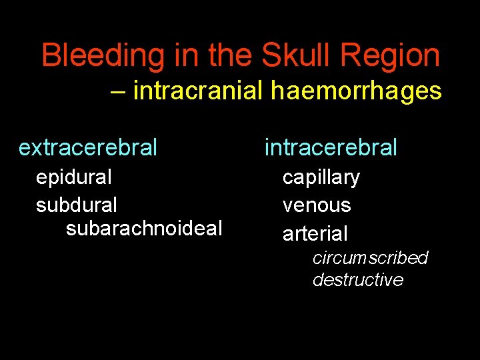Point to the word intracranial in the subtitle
click(199, 90)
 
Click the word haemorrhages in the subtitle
click(356, 91)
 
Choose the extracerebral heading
click(88, 147)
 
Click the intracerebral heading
click(331, 147)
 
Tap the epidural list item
click(73, 177)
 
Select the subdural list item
click(76, 204)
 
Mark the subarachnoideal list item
click(144, 229)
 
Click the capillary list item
click(321, 178)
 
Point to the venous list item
click(317, 205)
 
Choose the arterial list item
click(315, 233)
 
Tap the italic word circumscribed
click(370, 257)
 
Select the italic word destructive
click(358, 279)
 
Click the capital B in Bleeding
click(51, 56)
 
